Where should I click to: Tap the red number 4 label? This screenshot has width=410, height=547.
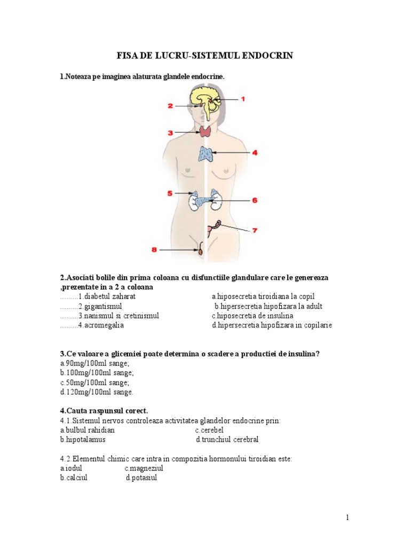pyautogui.click(x=255, y=152)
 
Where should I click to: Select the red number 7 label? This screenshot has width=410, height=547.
pyautogui.click(x=255, y=231)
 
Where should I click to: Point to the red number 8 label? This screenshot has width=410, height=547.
pyautogui.click(x=154, y=249)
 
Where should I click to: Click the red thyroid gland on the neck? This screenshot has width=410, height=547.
pyautogui.click(x=206, y=131)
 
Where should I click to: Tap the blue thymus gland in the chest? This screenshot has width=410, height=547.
pyautogui.click(x=206, y=154)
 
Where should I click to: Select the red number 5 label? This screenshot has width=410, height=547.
pyautogui.click(x=170, y=193)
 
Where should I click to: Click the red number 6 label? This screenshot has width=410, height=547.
pyautogui.click(x=255, y=200)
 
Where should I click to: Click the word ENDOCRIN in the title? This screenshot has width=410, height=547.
pyautogui.click(x=267, y=56)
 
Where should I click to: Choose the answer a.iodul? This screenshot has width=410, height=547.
pyautogui.click(x=73, y=468)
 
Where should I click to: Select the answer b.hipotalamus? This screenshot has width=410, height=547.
pyautogui.click(x=83, y=440)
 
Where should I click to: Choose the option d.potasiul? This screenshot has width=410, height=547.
pyautogui.click(x=141, y=478)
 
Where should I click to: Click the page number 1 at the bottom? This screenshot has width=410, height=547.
pyautogui.click(x=347, y=517)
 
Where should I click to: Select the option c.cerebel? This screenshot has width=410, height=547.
pyautogui.click(x=209, y=430)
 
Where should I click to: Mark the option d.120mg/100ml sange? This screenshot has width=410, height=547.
pyautogui.click(x=96, y=392)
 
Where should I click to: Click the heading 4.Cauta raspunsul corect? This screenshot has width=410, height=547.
pyautogui.click(x=104, y=411)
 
